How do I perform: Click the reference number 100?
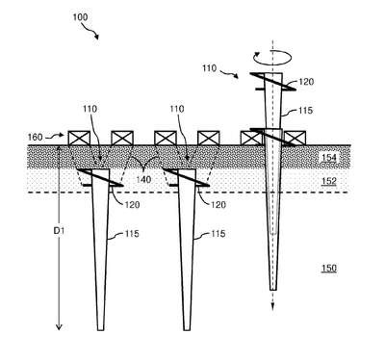(x=80, y=16)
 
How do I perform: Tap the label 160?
(x=35, y=138)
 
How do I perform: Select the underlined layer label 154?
(x=329, y=158)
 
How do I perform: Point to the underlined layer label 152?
(x=329, y=181)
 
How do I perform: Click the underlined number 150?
(x=329, y=268)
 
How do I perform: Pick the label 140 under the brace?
(x=143, y=179)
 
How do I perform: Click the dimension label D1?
(x=59, y=230)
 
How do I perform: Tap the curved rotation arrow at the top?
(x=272, y=58)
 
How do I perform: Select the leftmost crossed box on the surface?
(x=79, y=138)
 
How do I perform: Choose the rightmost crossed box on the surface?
(x=295, y=138)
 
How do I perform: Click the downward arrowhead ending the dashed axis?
(x=272, y=306)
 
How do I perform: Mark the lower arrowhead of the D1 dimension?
(x=59, y=326)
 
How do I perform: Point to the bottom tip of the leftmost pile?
(x=101, y=330)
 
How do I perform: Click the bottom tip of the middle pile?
(x=187, y=330)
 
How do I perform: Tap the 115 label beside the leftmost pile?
(x=132, y=234)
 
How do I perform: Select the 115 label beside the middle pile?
(x=218, y=234)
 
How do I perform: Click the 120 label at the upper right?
(x=306, y=82)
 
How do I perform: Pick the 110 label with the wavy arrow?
(x=210, y=68)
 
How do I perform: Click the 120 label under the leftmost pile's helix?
(x=132, y=205)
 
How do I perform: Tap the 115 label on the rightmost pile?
(x=305, y=111)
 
